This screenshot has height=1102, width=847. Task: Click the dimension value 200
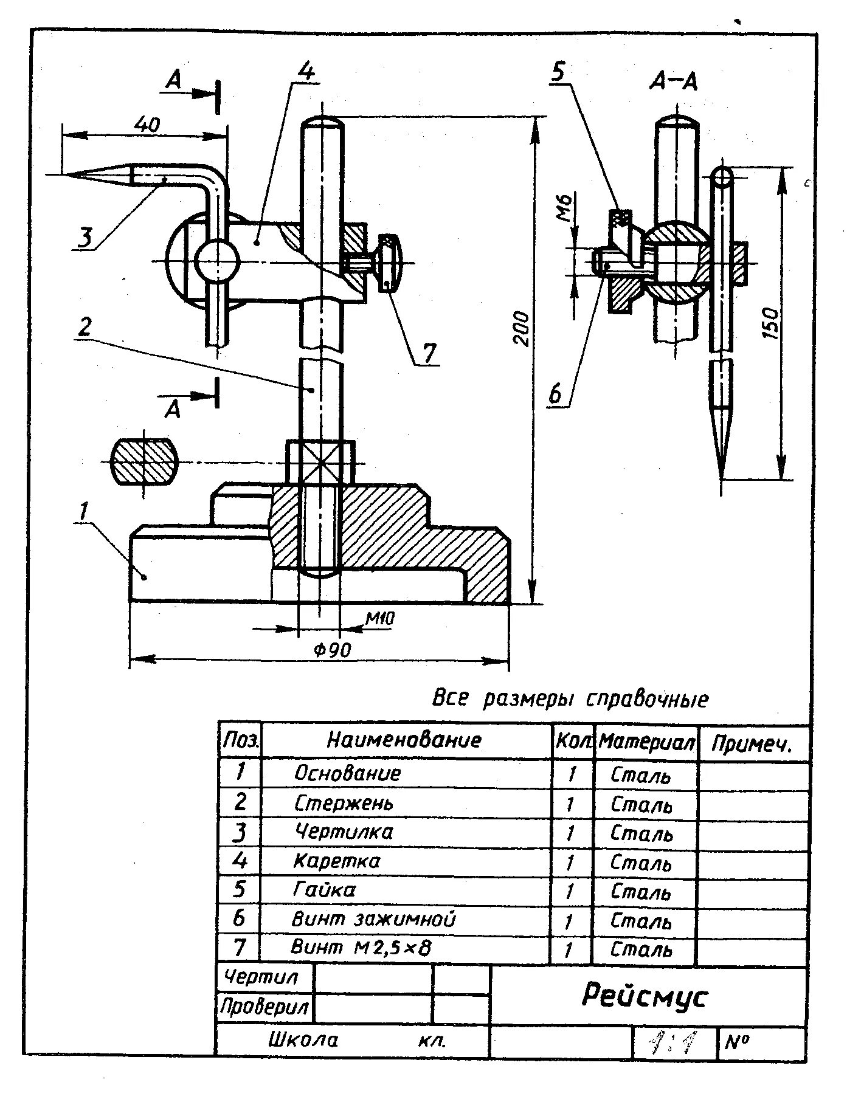[x=521, y=328]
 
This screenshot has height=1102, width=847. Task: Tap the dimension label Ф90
[x=333, y=650]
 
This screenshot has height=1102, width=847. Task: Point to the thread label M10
[x=380, y=619]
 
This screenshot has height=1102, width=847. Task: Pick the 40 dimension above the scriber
[x=147, y=125]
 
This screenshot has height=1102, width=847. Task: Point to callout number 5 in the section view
[x=558, y=72]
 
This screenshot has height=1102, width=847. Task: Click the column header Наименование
[x=404, y=740]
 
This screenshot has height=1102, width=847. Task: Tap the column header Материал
[x=646, y=742]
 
